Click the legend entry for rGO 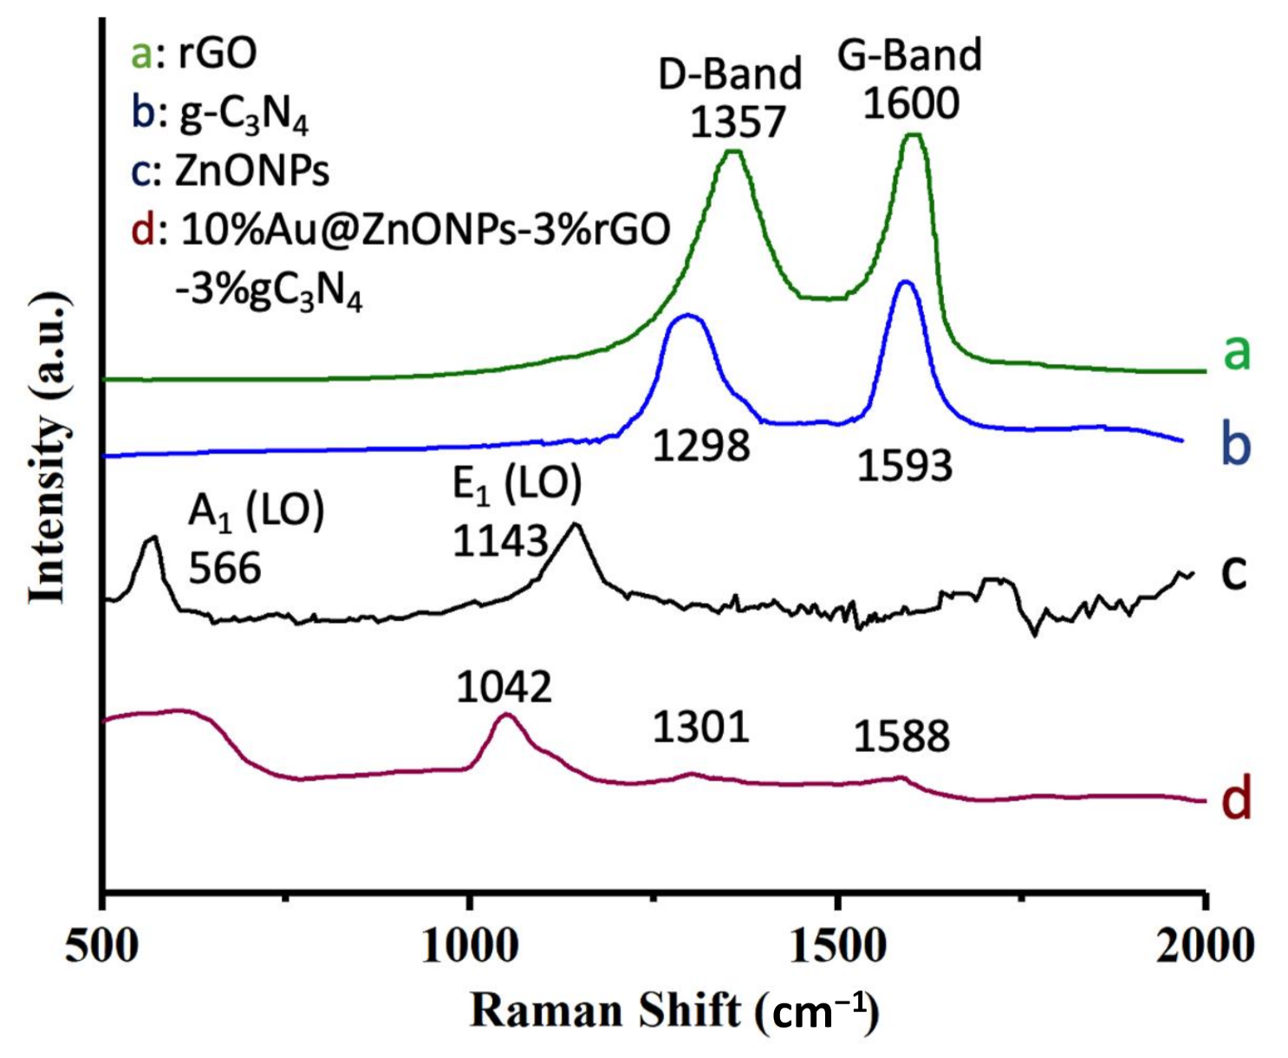pos(194,54)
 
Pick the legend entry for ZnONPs pos(231,171)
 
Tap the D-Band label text pos(730,74)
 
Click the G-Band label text pos(909,56)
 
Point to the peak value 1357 pos(737,121)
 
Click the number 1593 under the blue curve pos(905,467)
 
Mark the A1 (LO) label pos(256,512)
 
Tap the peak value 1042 pos(504,688)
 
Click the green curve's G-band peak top pos(913,135)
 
